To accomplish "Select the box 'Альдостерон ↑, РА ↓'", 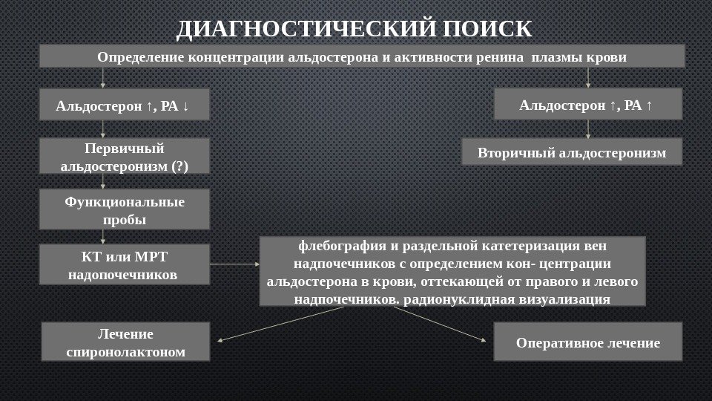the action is click(124, 106).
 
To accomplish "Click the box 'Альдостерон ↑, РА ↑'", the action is click(587, 104).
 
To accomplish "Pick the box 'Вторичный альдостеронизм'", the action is click(572, 152).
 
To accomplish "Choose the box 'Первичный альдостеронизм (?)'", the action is click(124, 156).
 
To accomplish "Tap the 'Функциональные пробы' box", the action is click(124, 209).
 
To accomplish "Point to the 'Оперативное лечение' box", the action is click(587, 342).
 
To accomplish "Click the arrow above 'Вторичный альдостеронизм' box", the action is click(588, 128).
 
